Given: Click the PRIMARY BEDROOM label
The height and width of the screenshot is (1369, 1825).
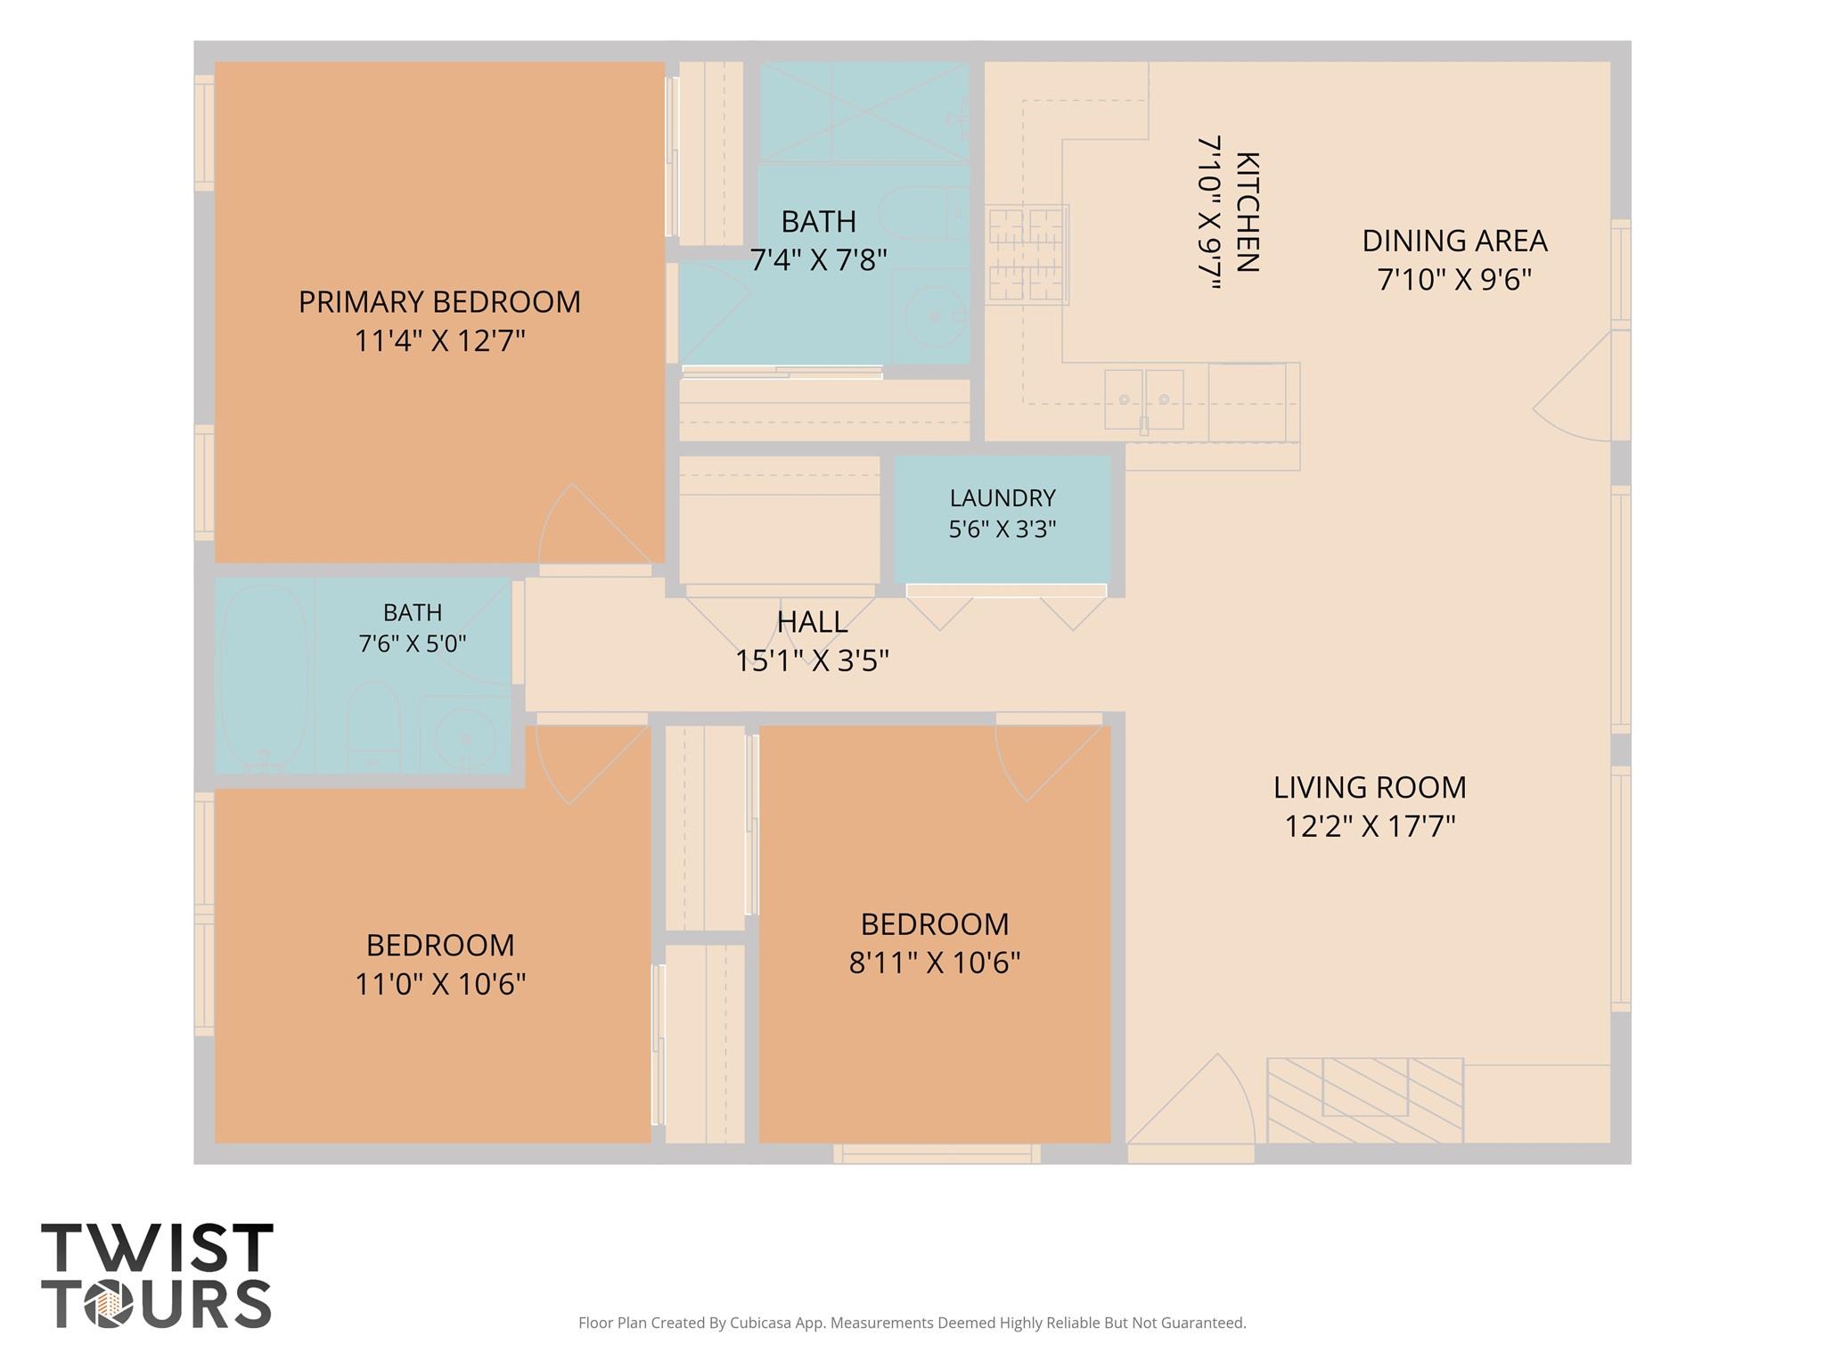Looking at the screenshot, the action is tap(439, 302).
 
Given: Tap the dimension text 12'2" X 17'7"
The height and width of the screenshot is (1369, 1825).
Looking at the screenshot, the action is tap(1370, 826).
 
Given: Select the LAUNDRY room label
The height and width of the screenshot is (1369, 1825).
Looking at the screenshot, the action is tap(1003, 497).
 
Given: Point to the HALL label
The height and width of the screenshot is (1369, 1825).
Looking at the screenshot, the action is tap(812, 621).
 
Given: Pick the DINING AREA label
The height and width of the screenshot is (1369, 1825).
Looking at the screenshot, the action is tap(1454, 241).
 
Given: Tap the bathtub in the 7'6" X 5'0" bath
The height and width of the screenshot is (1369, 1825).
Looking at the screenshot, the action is tap(266, 677).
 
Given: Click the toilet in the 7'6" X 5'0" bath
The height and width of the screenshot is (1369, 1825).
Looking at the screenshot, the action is tap(372, 725).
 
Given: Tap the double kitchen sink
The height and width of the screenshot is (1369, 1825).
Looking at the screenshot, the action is tap(1144, 400).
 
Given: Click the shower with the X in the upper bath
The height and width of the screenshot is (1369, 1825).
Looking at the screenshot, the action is tap(863, 111).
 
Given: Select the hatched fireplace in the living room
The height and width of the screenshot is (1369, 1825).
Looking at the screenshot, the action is tap(1364, 1101).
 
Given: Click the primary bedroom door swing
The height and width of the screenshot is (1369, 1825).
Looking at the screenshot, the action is tap(595, 526).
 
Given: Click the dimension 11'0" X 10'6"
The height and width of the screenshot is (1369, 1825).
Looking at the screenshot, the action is tap(440, 984).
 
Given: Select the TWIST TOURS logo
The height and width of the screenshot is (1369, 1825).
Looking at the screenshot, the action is tap(157, 1275).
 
